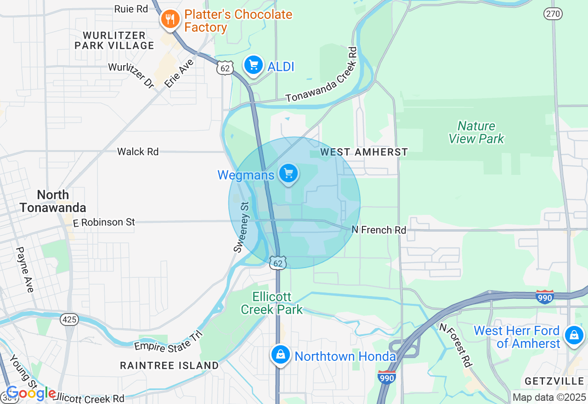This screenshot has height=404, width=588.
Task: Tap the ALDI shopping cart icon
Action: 253,65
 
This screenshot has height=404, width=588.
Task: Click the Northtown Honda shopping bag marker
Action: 280,354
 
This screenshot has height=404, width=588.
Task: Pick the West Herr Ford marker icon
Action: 574,335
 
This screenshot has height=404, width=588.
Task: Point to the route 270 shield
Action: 553,14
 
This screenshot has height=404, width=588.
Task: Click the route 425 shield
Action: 69,320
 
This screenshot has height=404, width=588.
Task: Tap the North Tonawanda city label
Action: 53,201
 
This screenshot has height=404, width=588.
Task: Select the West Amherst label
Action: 364,152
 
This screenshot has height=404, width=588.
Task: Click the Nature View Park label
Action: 476,132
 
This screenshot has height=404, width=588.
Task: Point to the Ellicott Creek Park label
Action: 272,303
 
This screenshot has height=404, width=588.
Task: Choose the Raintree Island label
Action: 169,365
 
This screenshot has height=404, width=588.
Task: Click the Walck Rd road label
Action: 138,151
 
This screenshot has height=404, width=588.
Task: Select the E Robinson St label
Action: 104,222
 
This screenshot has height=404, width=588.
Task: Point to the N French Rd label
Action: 379,230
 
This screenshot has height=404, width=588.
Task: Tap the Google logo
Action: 31,393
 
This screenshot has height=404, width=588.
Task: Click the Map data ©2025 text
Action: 549,397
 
